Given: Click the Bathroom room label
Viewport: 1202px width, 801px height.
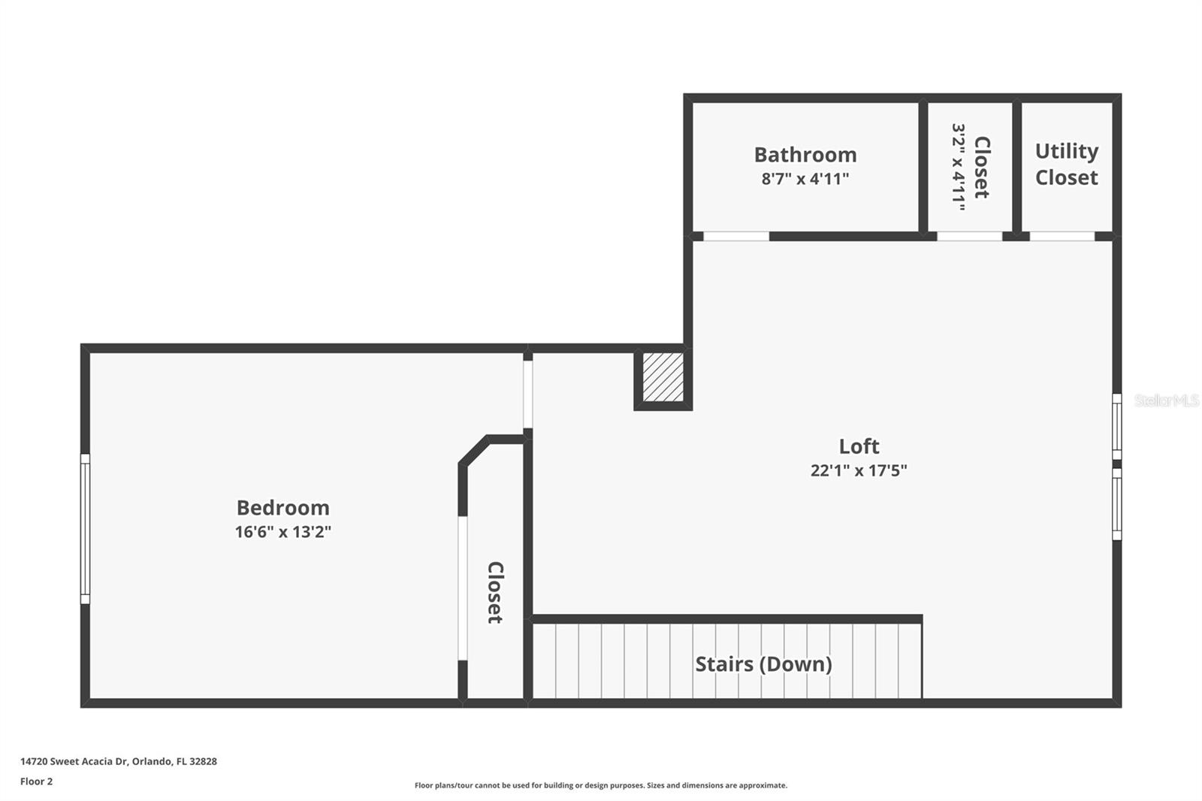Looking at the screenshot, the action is (805, 155).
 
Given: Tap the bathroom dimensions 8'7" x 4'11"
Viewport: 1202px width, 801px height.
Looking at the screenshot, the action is (805, 179).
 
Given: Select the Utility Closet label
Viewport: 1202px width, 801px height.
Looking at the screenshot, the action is (1066, 165).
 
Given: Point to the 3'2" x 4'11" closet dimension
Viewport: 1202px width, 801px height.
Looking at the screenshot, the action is (959, 167).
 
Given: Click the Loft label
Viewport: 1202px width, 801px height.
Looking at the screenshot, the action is (859, 446).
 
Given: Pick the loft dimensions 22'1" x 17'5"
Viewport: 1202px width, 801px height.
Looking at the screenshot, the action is (859, 471).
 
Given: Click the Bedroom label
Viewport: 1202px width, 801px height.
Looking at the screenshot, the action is (282, 508).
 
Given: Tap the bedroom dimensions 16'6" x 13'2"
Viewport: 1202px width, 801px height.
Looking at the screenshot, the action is (282, 532).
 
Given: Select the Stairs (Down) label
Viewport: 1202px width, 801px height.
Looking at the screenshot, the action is (763, 665).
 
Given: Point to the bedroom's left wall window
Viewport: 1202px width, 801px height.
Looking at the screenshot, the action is (86, 529).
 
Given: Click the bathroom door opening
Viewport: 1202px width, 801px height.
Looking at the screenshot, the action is (735, 236).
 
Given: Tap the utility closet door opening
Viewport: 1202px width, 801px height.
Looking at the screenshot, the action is (1062, 236).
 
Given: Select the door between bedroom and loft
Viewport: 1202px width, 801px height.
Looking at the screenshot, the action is (528, 394).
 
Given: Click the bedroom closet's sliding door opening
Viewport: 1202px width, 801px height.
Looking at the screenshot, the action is (463, 588).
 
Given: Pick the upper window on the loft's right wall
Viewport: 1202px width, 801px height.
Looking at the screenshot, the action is (1116, 426).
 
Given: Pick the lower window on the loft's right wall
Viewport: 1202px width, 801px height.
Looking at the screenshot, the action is (1116, 504).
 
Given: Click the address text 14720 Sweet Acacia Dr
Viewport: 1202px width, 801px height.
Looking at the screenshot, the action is (74, 761).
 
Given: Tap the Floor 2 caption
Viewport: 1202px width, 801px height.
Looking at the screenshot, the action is (37, 781).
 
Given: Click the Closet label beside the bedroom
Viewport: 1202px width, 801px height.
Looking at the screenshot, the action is (495, 593).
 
